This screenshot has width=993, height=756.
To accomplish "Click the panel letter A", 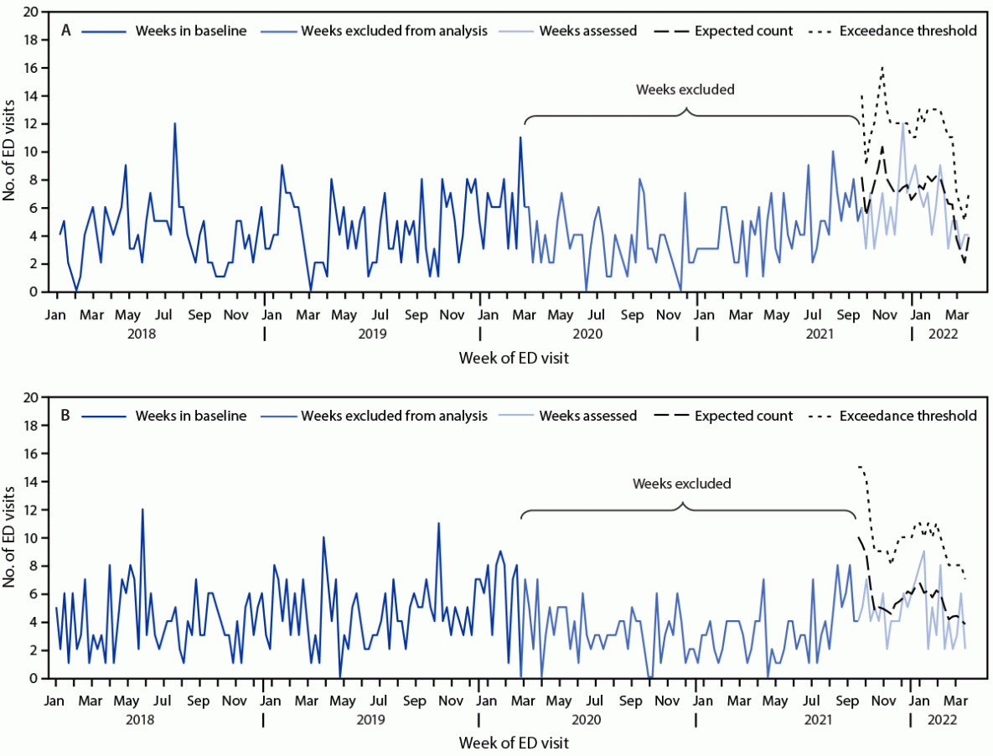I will coord(66,31).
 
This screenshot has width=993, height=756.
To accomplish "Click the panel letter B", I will coord(66,415).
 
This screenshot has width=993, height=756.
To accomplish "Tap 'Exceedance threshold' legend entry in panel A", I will coord(907,32).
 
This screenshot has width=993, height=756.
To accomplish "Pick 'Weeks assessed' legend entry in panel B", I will coord(588,416).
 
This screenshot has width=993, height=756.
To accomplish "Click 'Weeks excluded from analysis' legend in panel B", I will coord(394,416).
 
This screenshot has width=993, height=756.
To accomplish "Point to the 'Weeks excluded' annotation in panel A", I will coord(685,90).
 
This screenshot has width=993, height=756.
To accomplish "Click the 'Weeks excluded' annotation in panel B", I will coord(682,484).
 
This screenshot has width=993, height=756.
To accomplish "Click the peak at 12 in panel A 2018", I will coord(174,124).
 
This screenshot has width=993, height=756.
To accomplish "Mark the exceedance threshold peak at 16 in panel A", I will coord(882,67).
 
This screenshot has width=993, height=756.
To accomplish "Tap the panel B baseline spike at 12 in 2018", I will coord(142,510).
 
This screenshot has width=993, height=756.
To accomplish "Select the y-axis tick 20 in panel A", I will coord(30,12).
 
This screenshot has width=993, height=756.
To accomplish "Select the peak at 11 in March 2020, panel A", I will coord(520,137).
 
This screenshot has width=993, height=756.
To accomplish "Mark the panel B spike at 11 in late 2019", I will coord(438,524).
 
